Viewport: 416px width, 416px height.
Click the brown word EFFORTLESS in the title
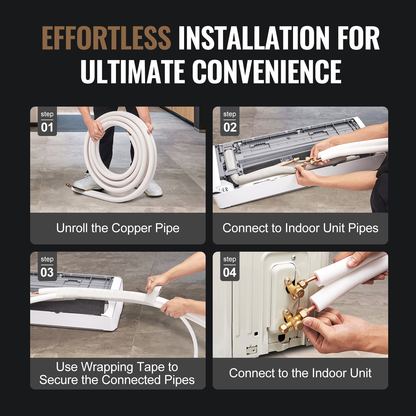pyautogui.click(x=106, y=38)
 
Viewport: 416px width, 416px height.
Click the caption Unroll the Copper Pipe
pyautogui.click(x=118, y=228)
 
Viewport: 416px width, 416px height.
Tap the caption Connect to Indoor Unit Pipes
pyautogui.click(x=300, y=228)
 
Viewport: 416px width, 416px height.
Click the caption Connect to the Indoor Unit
pyautogui.click(x=300, y=373)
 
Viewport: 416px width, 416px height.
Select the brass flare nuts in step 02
pyautogui.click(x=311, y=160)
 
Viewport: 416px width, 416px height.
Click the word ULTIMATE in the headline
pyautogui.click(x=133, y=72)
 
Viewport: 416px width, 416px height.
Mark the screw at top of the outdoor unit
pyautogui.click(x=294, y=258)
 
